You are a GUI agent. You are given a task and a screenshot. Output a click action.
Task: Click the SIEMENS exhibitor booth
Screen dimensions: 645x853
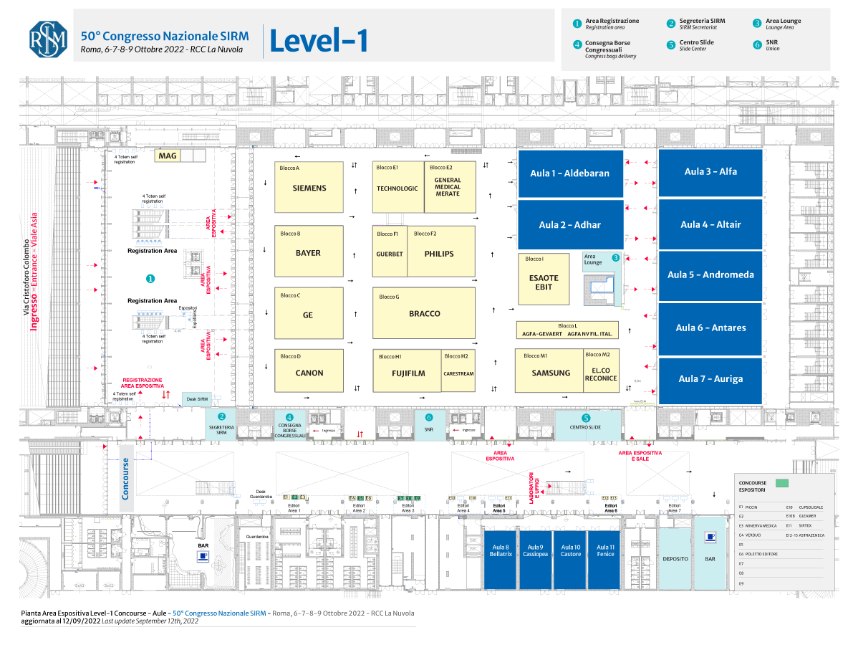pyautogui.click(x=309, y=187)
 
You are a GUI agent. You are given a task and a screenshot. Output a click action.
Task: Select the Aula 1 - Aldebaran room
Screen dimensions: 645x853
pyautogui.click(x=570, y=173)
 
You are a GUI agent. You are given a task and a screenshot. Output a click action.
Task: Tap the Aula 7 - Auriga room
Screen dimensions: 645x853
pyautogui.click(x=710, y=378)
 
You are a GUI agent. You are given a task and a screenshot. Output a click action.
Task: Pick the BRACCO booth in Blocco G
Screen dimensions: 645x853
pyautogui.click(x=424, y=313)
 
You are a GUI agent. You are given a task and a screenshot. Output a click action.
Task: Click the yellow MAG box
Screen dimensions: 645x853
pyautogui.click(x=168, y=155)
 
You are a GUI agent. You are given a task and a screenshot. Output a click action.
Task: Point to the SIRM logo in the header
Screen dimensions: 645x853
pyautogui.click(x=48, y=39)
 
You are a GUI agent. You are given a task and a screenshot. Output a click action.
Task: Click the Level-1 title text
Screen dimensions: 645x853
pyautogui.click(x=319, y=42)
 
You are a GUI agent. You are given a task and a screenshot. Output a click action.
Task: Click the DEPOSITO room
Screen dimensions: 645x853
pyautogui.click(x=675, y=559)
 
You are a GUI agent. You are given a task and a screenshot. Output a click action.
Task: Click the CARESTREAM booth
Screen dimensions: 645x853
pyautogui.click(x=458, y=371)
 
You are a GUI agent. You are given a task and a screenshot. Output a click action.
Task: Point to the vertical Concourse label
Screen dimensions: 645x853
pyautogui.click(x=126, y=478)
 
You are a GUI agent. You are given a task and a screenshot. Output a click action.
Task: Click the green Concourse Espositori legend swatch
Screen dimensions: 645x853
pyautogui.click(x=781, y=482)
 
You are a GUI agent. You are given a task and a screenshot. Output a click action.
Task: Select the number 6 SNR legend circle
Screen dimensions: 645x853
pyautogui.click(x=757, y=44)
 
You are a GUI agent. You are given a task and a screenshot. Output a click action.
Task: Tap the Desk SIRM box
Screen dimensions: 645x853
pyautogui.click(x=197, y=399)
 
